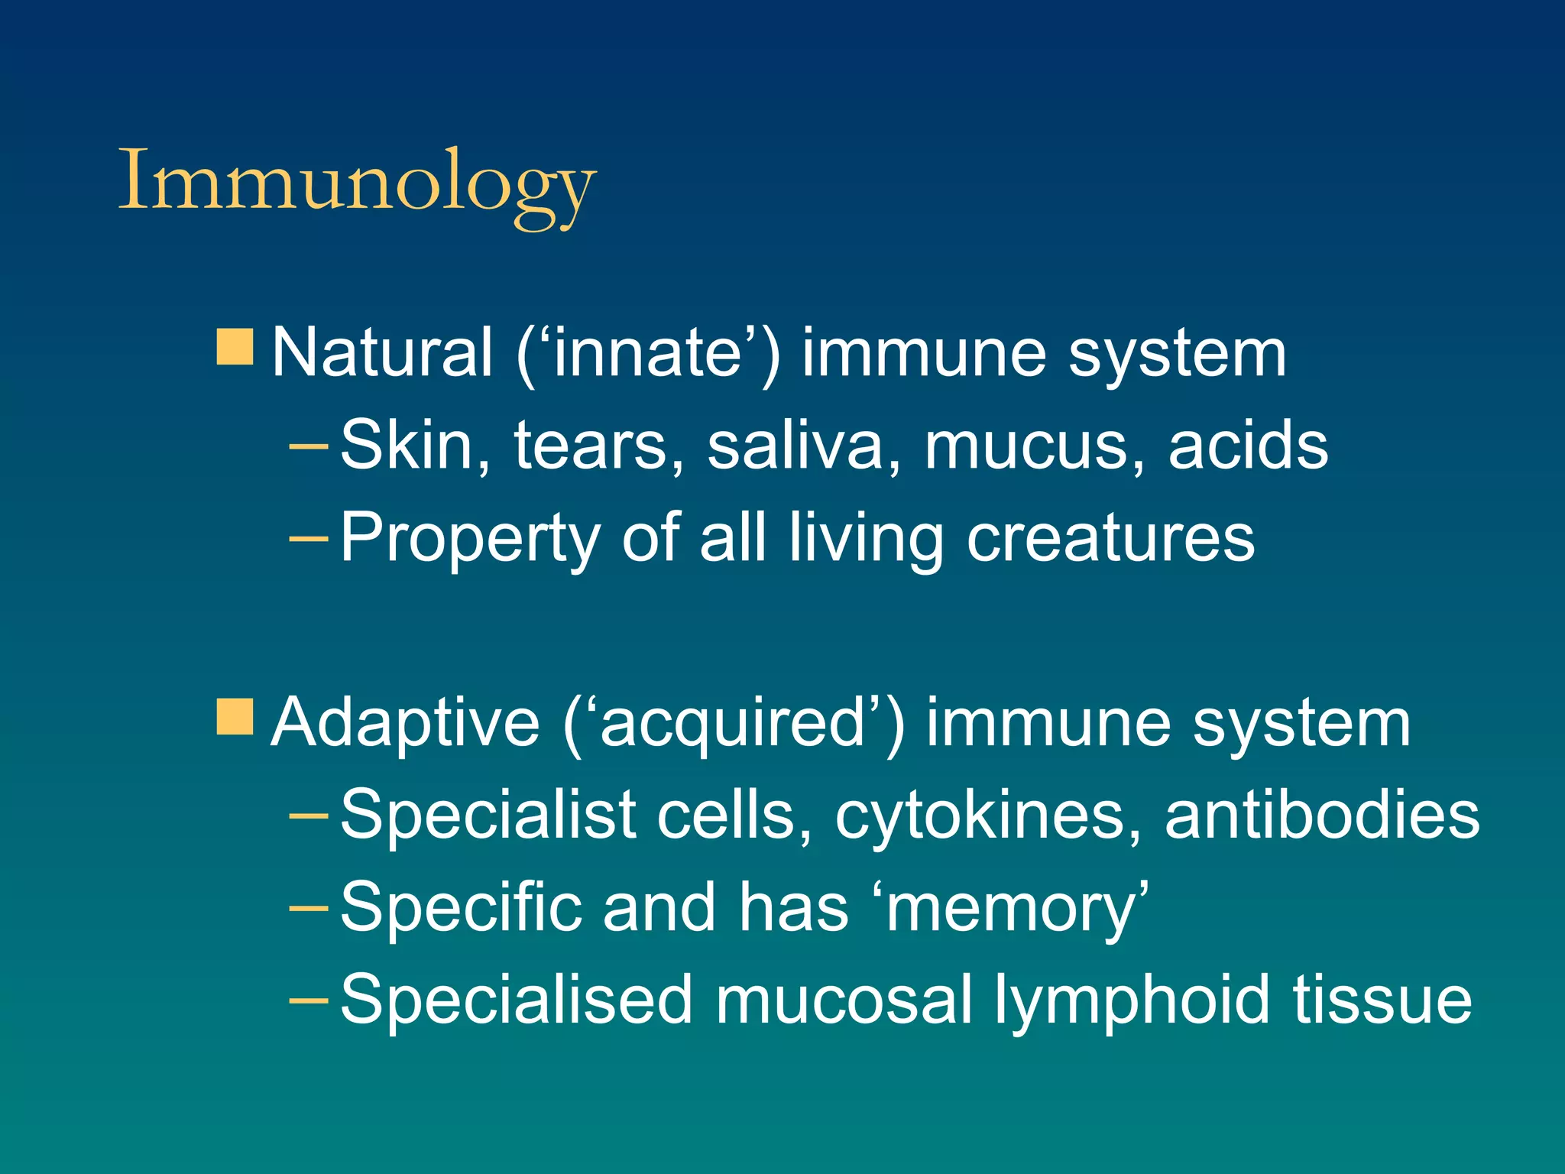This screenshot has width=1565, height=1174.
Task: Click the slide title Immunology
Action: pyautogui.click(x=357, y=183)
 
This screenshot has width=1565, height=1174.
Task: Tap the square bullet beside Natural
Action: pyautogui.click(x=235, y=348)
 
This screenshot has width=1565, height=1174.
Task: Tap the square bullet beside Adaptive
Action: pyautogui.click(x=235, y=716)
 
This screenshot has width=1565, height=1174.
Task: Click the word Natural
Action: pyautogui.click(x=382, y=353)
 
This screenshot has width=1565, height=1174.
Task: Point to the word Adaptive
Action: pyautogui.click(x=406, y=723)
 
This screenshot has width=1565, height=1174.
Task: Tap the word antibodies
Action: pyautogui.click(x=1322, y=815)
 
